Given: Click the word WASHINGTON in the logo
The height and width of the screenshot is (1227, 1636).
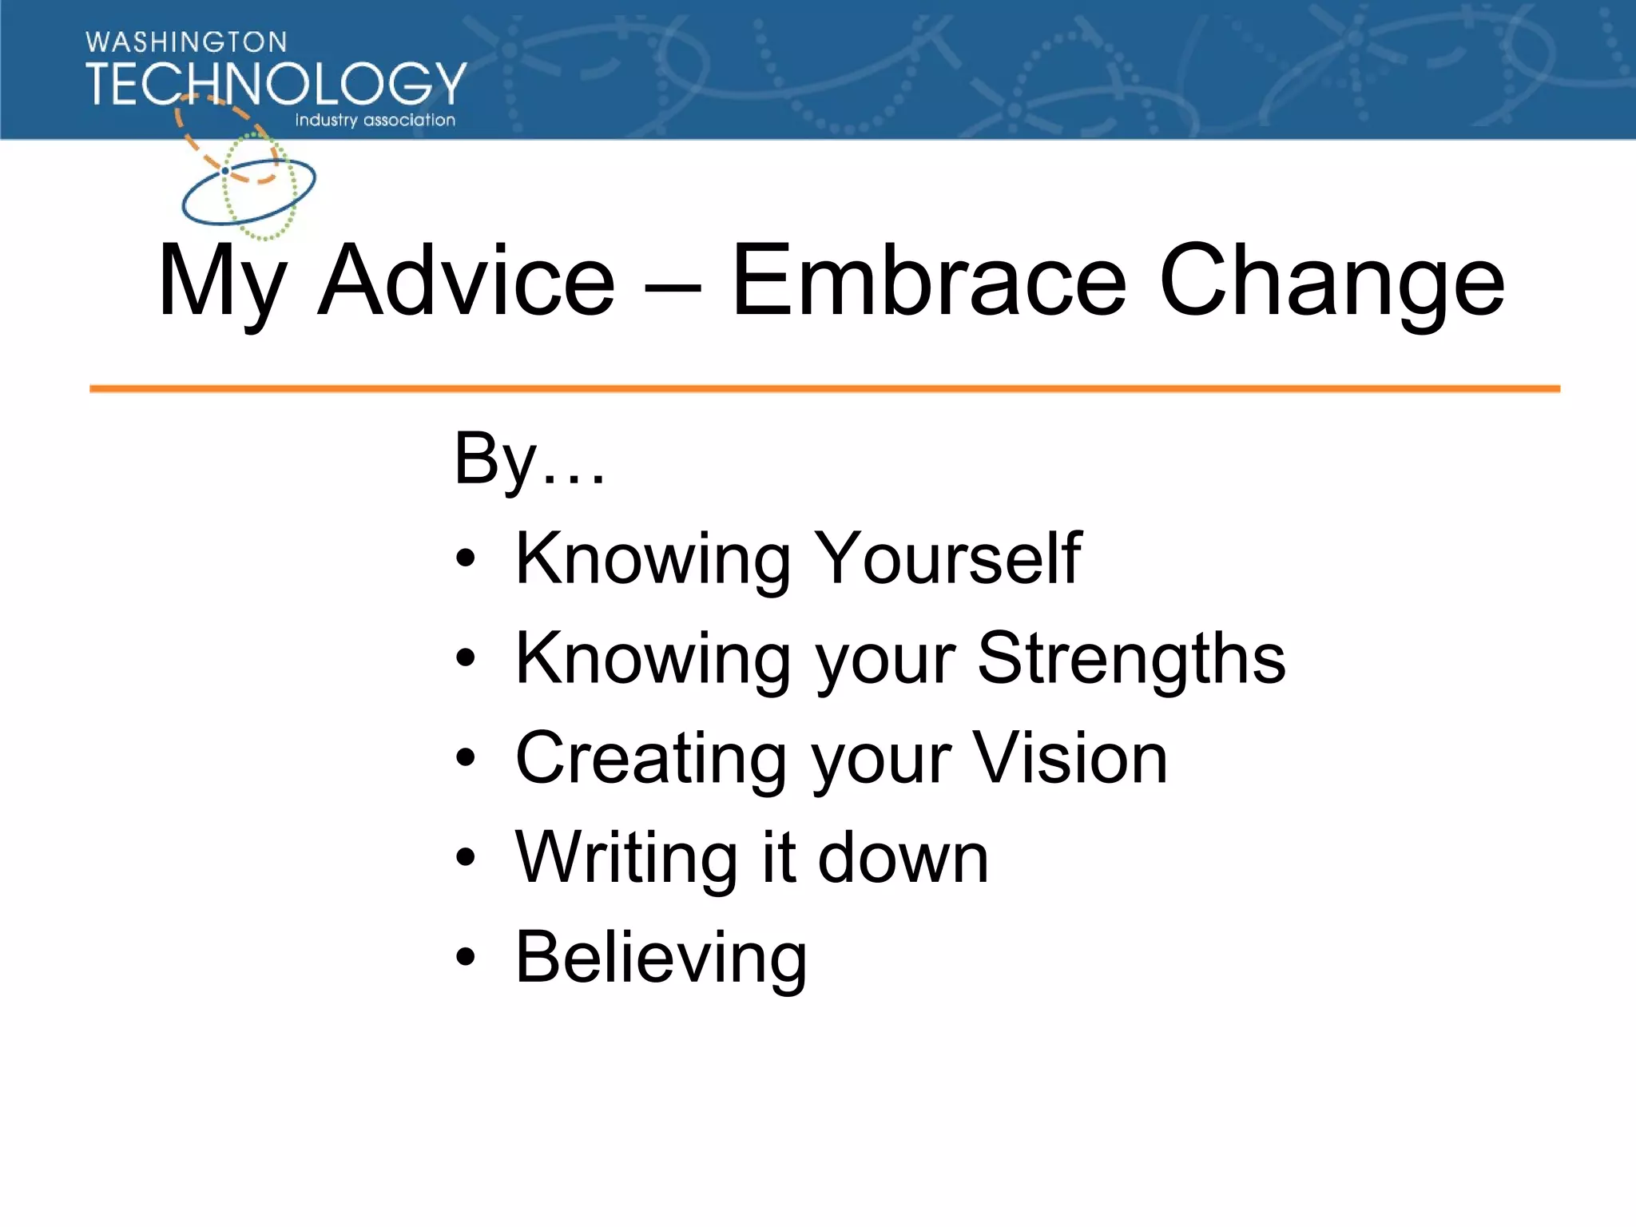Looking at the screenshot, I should (185, 42).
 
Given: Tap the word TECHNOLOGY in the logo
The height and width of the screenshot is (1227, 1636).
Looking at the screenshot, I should (276, 84).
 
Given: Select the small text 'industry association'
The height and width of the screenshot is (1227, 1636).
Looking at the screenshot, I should (375, 120).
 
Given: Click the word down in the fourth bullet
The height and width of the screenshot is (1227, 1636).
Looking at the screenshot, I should (903, 858).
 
